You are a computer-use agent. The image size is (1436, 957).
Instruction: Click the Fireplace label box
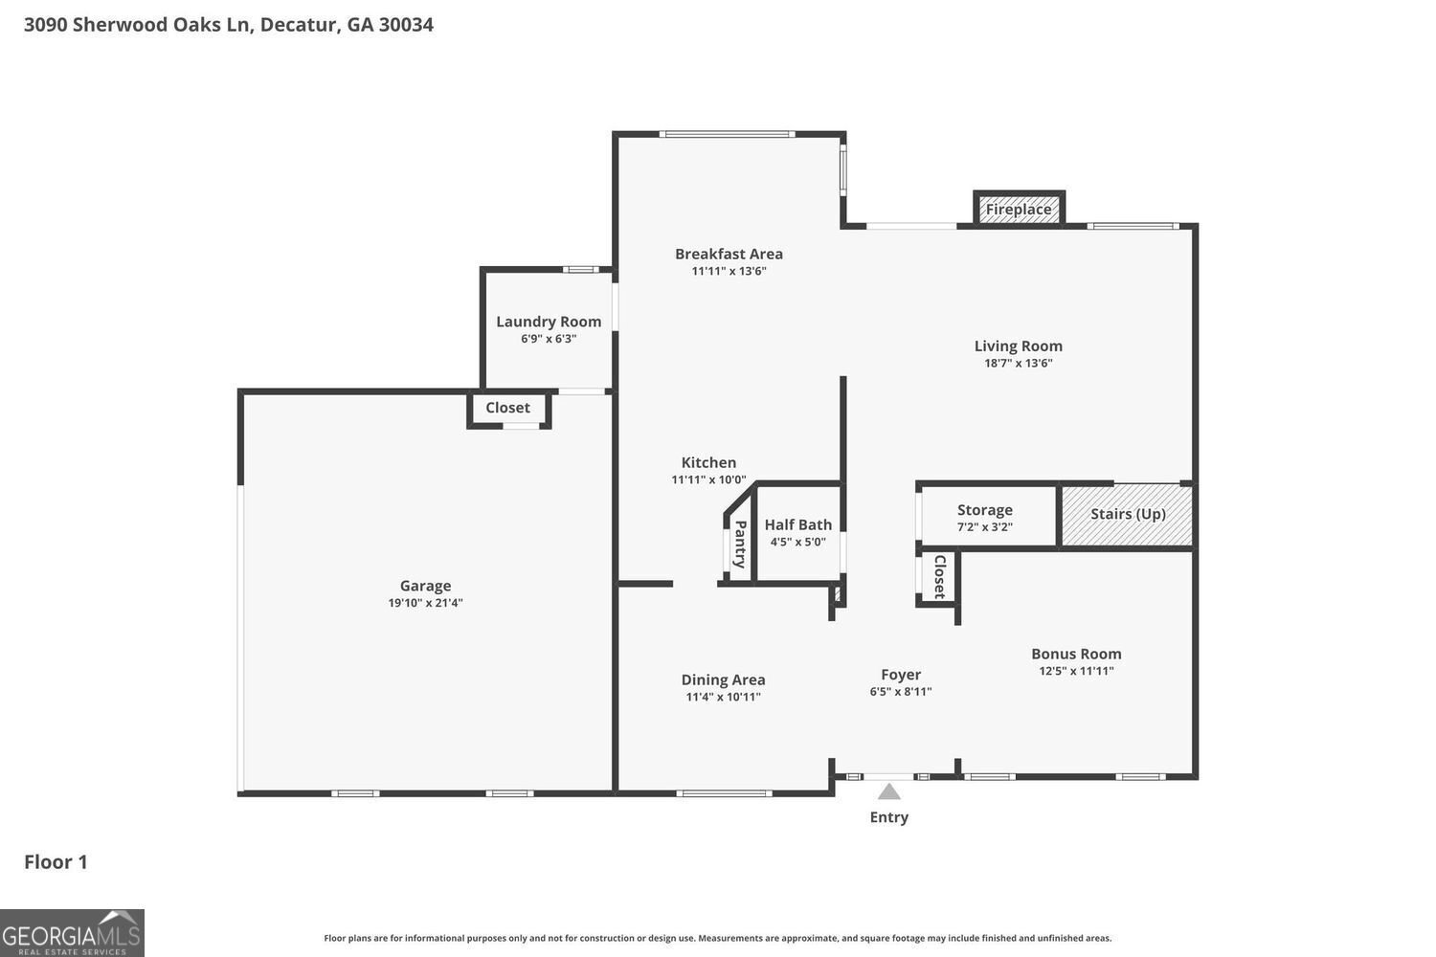tap(1019, 210)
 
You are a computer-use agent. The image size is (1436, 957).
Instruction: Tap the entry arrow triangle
tap(889, 791)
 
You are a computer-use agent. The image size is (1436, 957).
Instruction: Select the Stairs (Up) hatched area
tap(1127, 515)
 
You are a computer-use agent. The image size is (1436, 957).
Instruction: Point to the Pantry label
tap(740, 543)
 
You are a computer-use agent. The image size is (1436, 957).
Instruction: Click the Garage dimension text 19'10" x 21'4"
tap(425, 603)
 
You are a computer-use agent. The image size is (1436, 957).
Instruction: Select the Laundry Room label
tap(549, 322)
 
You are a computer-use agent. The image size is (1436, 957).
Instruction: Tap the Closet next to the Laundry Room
tap(507, 408)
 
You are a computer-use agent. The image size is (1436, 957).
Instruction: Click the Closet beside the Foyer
tap(939, 577)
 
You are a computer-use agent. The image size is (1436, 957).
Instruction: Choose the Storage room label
tap(984, 510)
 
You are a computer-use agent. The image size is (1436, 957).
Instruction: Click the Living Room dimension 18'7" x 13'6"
tap(1018, 364)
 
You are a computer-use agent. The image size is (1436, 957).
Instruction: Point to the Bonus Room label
tap(1076, 654)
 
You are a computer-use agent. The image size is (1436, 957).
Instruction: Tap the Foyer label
tap(900, 675)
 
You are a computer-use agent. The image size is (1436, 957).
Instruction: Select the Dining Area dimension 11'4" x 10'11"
tap(723, 697)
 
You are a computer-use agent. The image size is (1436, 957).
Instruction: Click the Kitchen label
tap(708, 462)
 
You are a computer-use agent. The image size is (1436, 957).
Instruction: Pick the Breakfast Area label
tap(729, 254)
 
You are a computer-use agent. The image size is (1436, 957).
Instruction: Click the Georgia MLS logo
tap(72, 932)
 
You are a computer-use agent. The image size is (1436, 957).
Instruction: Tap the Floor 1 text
tap(56, 862)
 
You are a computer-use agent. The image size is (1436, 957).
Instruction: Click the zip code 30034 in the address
tap(406, 25)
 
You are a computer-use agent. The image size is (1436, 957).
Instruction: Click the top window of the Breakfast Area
tap(727, 134)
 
